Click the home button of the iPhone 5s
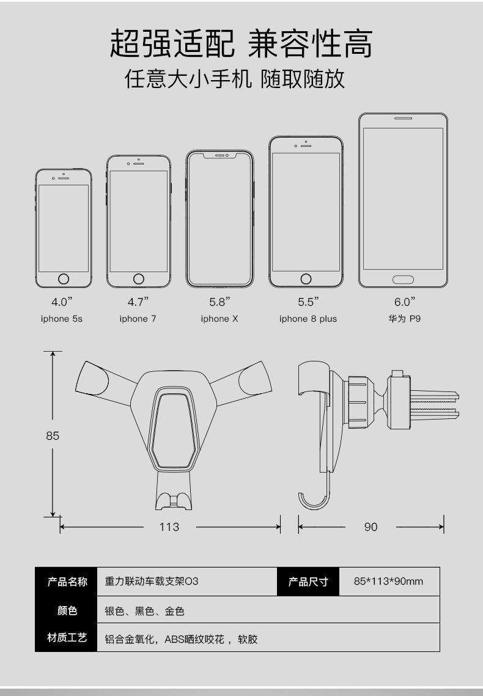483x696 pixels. coord(63,280)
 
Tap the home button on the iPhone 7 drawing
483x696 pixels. coord(138,279)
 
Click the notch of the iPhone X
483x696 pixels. coord(219,155)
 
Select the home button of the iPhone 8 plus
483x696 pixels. coord(306,279)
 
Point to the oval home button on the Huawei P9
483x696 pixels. coord(403,280)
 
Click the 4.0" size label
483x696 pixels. coord(62,302)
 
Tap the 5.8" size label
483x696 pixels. coord(219,302)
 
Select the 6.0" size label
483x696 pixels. coord(404,302)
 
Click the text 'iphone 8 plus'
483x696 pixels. coord(308,319)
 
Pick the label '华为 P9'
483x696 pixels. coord(405,319)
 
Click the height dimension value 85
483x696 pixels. coord(53,436)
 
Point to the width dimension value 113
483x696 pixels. coord(169,527)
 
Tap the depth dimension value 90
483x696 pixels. coord(371,527)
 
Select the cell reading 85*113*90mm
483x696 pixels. coord(388,582)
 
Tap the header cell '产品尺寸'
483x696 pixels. coord(308,582)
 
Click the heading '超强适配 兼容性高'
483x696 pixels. coord(241,45)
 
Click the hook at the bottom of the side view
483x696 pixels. coord(314,502)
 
